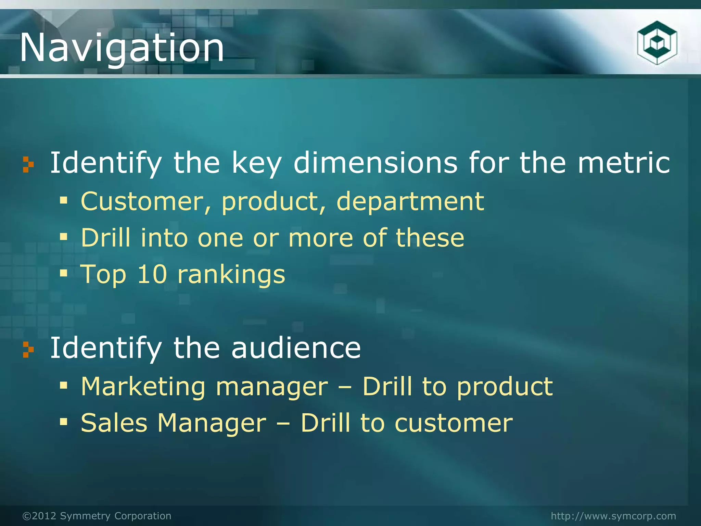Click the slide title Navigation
click(x=122, y=48)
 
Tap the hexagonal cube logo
click(x=657, y=43)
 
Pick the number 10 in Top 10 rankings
click(x=152, y=274)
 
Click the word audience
click(x=296, y=348)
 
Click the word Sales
click(x=114, y=423)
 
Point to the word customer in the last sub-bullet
click(x=454, y=423)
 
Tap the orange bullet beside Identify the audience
click(x=28, y=349)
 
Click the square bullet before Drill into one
click(x=64, y=236)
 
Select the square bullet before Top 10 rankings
click(x=64, y=273)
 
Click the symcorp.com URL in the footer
click(x=613, y=516)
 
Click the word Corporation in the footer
click(x=143, y=516)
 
